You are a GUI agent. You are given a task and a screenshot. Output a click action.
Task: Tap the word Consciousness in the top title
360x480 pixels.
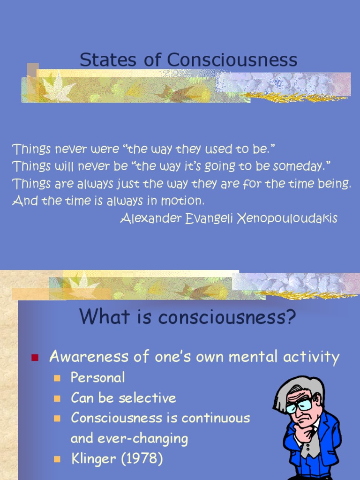point(232,60)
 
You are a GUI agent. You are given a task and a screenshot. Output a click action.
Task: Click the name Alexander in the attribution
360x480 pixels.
point(150,218)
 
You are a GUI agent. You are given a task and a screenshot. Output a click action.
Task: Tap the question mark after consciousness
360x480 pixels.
point(291,317)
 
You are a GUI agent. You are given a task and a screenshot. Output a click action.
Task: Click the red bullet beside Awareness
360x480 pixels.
point(34,358)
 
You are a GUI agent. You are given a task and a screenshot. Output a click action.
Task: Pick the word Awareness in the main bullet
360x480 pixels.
point(89,357)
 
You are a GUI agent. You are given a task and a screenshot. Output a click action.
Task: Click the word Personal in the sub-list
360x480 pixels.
point(98,377)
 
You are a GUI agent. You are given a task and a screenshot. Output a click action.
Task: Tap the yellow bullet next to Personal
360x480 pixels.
point(58,378)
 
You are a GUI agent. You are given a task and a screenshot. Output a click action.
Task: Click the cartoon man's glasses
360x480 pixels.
point(300,404)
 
